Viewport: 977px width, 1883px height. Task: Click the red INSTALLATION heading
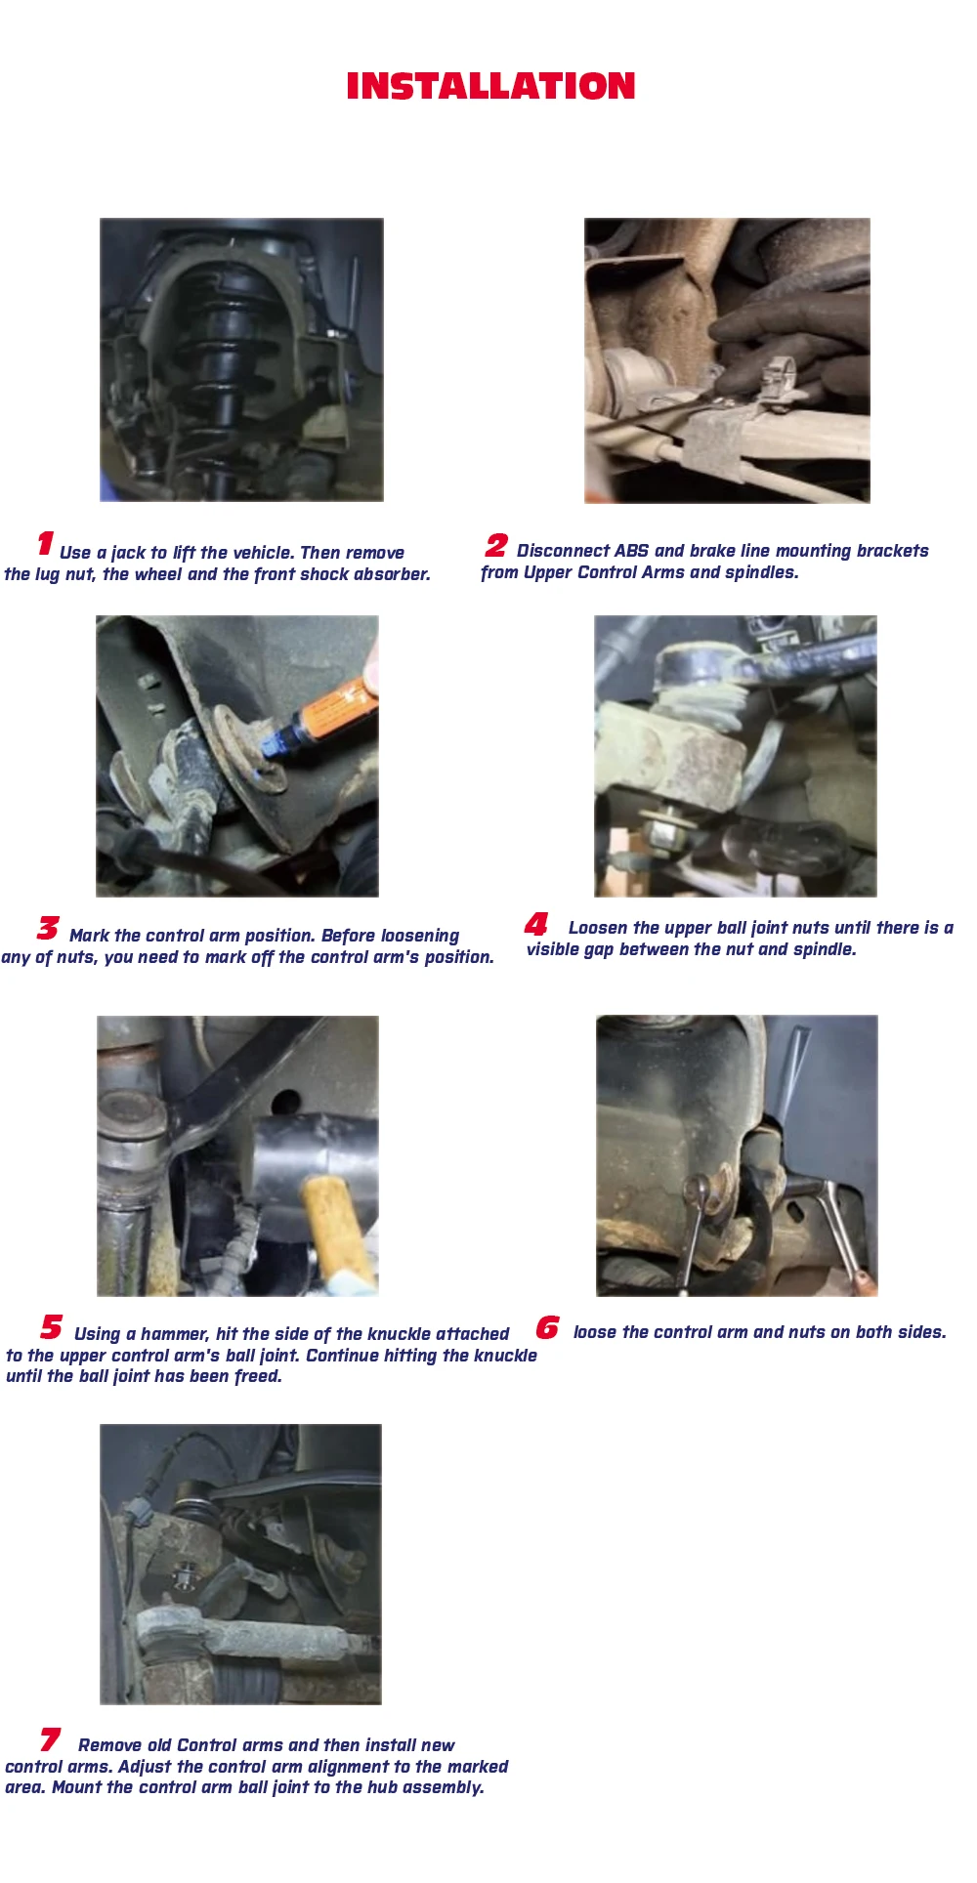coord(490,86)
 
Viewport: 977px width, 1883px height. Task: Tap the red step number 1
coord(45,543)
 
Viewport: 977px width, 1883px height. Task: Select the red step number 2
coord(496,545)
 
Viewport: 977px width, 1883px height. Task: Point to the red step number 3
coord(48,928)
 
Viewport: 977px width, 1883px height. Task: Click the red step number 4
coord(536,924)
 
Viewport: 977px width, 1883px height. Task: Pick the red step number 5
coord(52,1326)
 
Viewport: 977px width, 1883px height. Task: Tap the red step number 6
coord(547,1327)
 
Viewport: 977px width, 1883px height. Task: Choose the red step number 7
coord(50,1739)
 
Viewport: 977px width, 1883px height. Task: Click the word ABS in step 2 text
coord(631,551)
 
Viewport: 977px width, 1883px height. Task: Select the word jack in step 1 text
coord(128,553)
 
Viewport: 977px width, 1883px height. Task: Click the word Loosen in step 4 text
coord(599,928)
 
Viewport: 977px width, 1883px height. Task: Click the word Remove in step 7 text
coord(110,1745)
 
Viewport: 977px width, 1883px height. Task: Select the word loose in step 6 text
coord(595,1332)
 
